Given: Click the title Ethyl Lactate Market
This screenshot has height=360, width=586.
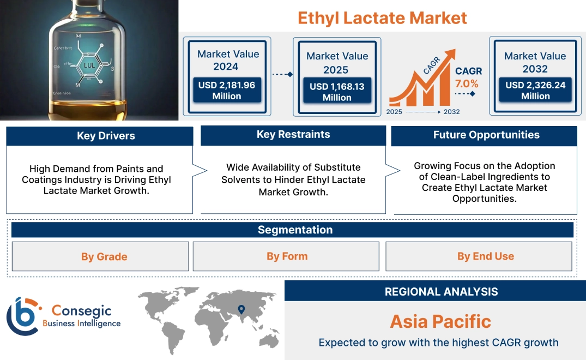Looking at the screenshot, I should (382, 17).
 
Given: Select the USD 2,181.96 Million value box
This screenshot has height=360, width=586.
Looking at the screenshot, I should (226, 91).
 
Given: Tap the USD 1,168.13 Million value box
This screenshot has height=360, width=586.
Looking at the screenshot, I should (337, 92).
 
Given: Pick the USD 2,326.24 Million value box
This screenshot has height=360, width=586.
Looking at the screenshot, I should (535, 91).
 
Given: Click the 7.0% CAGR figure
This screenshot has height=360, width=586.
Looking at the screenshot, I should (467, 83).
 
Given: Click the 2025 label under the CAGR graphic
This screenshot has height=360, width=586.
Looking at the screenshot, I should (394, 112).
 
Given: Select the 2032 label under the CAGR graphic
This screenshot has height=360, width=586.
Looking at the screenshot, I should (451, 112).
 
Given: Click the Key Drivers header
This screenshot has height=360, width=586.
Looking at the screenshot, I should (106, 136).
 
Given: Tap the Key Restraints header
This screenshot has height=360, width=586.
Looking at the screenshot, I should (293, 135).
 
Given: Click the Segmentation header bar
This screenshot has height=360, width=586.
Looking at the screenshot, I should (295, 230).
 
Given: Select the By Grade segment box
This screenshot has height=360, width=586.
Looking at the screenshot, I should (104, 256).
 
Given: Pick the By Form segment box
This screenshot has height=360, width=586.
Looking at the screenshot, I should (287, 256).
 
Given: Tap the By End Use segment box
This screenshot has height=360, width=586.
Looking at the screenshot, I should (485, 256).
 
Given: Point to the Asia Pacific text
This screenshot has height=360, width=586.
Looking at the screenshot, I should (440, 321).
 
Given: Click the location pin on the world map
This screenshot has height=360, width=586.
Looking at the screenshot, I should (240, 310).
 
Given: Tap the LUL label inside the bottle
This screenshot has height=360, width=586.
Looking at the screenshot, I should (90, 65).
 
